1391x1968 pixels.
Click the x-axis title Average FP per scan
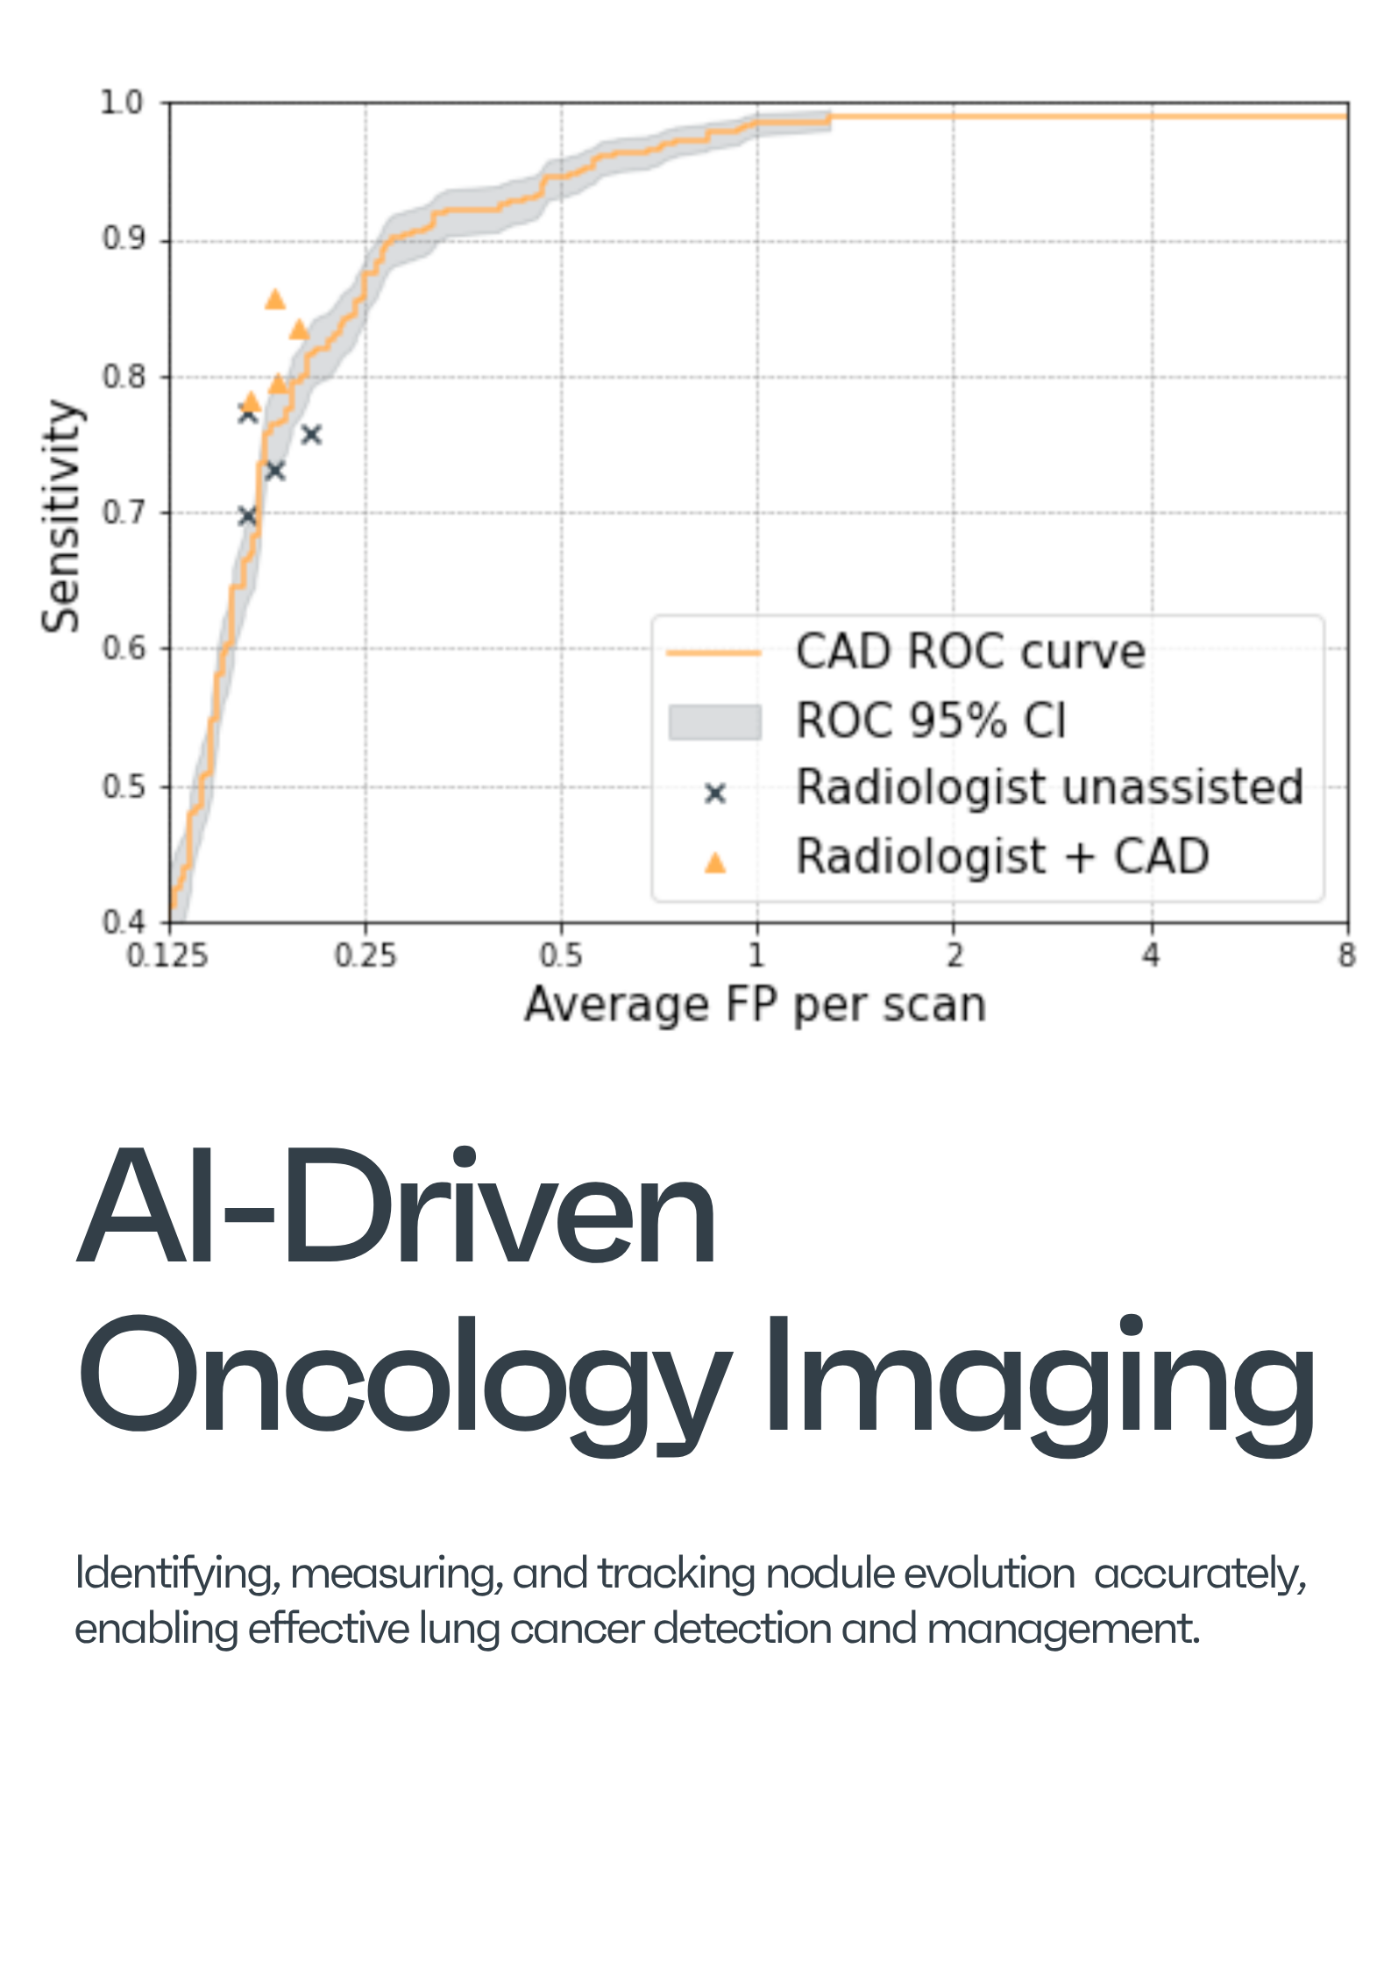tap(756, 1005)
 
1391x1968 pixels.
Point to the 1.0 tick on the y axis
tap(122, 103)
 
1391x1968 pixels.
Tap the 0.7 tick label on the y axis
tap(122, 513)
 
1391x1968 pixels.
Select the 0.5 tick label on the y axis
tap(122, 786)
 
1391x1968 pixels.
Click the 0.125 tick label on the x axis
tap(167, 955)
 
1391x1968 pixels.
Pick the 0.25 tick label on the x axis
tap(365, 955)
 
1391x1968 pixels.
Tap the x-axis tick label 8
tap(1346, 955)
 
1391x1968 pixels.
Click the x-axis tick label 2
tap(954, 955)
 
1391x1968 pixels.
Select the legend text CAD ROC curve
tap(970, 652)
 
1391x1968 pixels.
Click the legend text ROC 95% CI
tap(931, 721)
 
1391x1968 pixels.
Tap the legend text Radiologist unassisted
tap(1049, 787)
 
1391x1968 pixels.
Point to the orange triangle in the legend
tap(715, 863)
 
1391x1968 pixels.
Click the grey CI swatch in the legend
tap(714, 721)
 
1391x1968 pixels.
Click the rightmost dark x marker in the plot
tap(311, 434)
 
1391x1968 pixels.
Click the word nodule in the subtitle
tap(831, 1573)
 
